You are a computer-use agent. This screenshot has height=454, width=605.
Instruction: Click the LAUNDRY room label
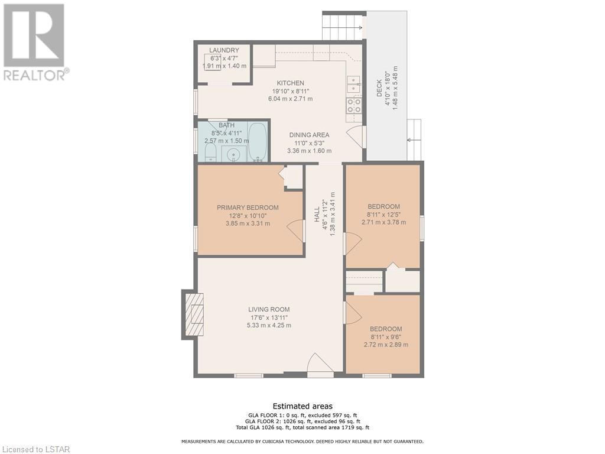224,50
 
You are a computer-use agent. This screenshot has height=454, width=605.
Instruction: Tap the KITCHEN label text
291,83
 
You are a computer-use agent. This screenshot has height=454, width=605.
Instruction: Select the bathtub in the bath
257,141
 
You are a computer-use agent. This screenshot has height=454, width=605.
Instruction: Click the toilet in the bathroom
210,153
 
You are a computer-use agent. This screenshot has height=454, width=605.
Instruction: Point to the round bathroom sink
233,155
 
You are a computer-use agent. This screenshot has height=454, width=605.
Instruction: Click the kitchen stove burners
354,105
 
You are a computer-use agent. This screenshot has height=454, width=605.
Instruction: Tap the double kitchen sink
354,84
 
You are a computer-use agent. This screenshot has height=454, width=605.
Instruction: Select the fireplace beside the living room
193,314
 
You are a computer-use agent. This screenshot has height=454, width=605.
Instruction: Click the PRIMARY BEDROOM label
248,207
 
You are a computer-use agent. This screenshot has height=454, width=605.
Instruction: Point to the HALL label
317,214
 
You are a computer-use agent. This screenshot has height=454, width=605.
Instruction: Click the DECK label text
379,89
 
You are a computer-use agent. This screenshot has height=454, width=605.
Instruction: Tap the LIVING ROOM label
269,309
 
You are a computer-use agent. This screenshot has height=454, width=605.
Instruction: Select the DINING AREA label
310,135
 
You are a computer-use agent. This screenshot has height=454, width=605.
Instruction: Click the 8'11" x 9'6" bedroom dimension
386,336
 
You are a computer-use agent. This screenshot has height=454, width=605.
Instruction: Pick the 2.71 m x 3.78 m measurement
384,222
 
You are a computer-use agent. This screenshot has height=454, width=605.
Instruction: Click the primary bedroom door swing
296,231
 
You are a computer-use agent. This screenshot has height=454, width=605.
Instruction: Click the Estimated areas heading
302,406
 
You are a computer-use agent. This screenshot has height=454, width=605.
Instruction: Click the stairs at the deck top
343,25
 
